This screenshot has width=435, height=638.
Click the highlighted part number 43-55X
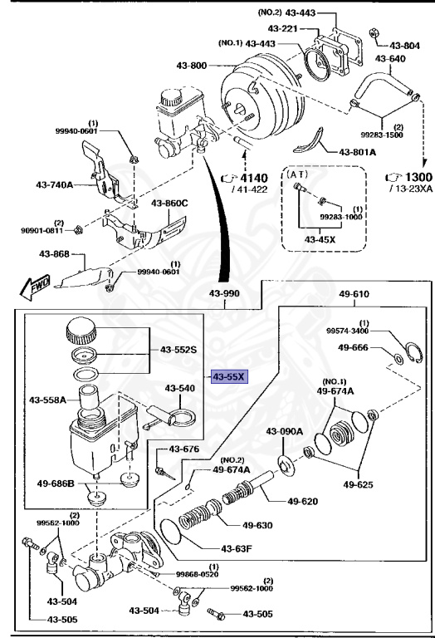[229, 376]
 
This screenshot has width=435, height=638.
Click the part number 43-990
[224, 294]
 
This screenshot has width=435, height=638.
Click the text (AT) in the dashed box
[297, 175]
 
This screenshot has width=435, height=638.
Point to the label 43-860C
[169, 202]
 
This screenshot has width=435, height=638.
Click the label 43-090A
[285, 431]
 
